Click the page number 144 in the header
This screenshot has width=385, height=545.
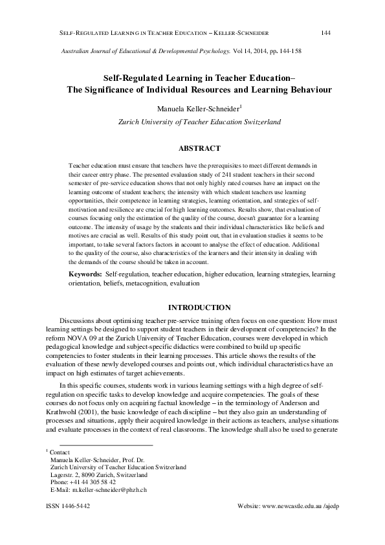(326, 32)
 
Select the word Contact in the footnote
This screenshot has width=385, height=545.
(60, 451)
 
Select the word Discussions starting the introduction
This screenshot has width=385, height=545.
(79, 320)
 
